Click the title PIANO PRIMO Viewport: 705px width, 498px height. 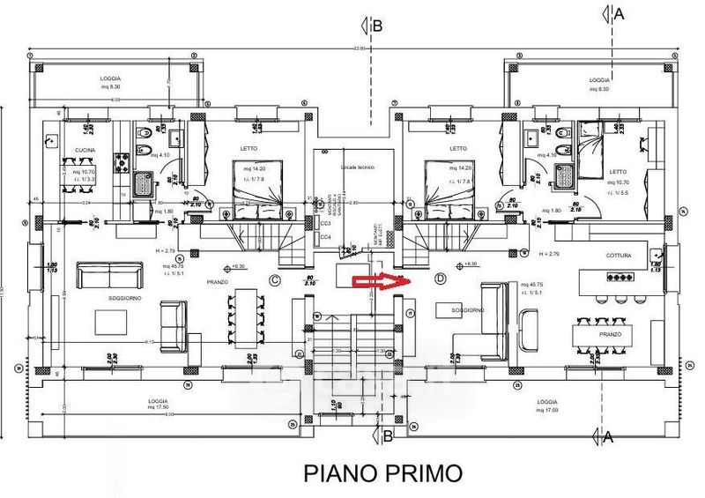click(382, 472)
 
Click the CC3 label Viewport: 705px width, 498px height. click(325, 224)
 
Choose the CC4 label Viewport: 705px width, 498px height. click(325, 236)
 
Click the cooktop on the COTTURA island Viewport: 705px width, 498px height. click(615, 277)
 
